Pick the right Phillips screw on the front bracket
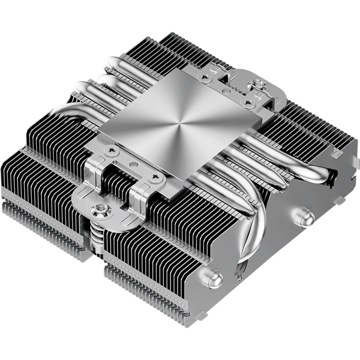pyautogui.click(x=157, y=178)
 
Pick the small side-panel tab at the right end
pyautogui.click(x=344, y=197)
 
